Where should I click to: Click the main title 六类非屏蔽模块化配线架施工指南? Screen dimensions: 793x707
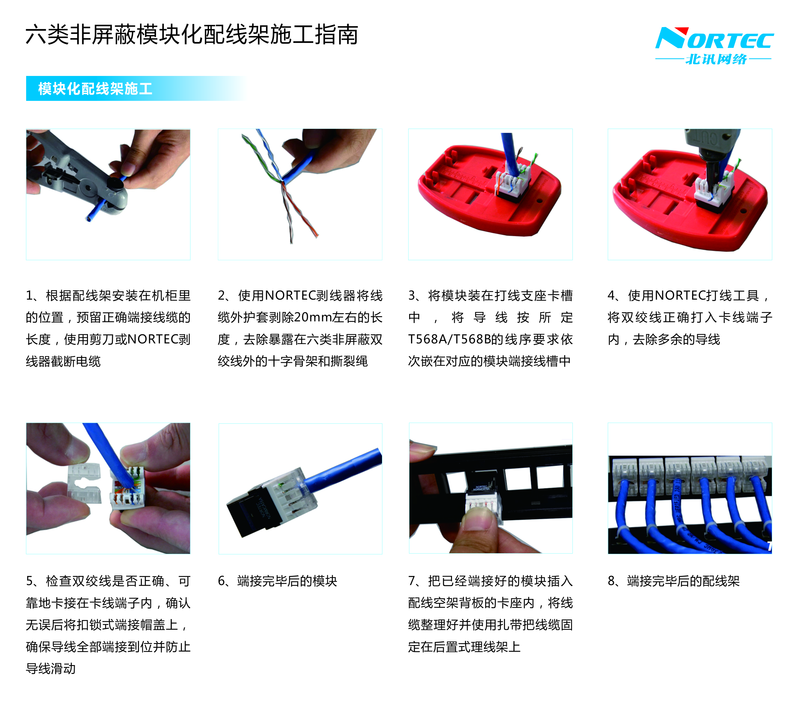pyautogui.click(x=192, y=35)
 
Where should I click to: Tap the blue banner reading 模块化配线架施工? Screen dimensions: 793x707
pyautogui.click(x=136, y=89)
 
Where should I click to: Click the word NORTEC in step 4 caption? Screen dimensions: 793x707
pyautogui.click(x=680, y=296)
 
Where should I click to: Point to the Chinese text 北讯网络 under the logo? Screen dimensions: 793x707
pyautogui.click(x=716, y=59)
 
